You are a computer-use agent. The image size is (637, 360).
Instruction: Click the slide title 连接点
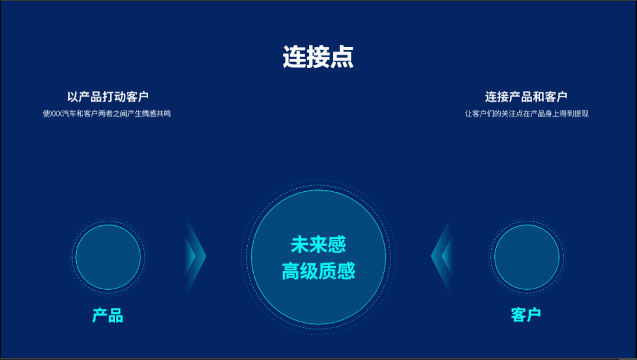coord(318,57)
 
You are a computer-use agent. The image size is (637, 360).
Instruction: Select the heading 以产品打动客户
coord(108,97)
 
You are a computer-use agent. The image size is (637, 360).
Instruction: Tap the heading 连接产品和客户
coord(526,97)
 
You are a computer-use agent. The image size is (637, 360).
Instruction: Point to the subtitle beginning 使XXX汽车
coord(107,114)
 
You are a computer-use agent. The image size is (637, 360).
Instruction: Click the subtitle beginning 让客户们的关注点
coord(527,114)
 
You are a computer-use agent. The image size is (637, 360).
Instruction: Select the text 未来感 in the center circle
coord(318,244)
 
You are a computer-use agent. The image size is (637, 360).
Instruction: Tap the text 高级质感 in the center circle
coord(318,271)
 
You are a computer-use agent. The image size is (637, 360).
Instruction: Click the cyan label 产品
coord(108,315)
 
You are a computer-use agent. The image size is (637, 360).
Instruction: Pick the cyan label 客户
coord(526,315)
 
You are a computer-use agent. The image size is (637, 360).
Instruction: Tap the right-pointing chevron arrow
coord(195,256)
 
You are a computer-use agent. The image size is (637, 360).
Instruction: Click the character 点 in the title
coord(342,57)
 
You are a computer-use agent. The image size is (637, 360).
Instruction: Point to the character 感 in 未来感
coord(337,244)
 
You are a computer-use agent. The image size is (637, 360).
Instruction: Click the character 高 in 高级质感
coord(291,271)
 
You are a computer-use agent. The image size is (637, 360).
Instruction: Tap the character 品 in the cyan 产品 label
coord(116,315)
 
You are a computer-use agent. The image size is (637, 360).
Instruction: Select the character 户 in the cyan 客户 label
coord(534,315)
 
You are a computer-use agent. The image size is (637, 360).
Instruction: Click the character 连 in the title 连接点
coord(294,57)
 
